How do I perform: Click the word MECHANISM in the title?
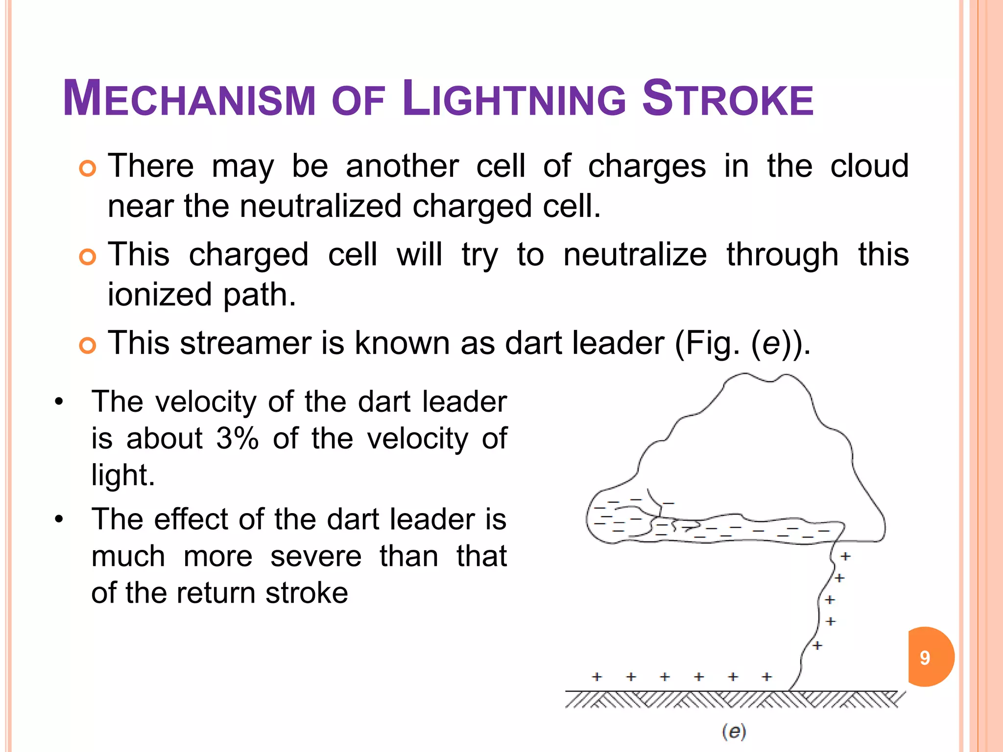click(x=189, y=99)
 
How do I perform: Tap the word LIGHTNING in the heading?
click(x=514, y=99)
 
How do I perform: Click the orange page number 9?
click(x=925, y=658)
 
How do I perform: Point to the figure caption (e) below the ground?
click(x=734, y=731)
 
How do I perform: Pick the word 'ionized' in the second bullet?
click(x=160, y=294)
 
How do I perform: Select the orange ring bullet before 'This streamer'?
click(x=88, y=346)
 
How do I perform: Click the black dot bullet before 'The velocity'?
click(x=59, y=402)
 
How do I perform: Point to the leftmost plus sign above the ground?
click(x=597, y=677)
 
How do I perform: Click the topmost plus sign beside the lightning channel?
click(x=845, y=556)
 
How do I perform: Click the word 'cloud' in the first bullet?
click(x=869, y=165)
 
